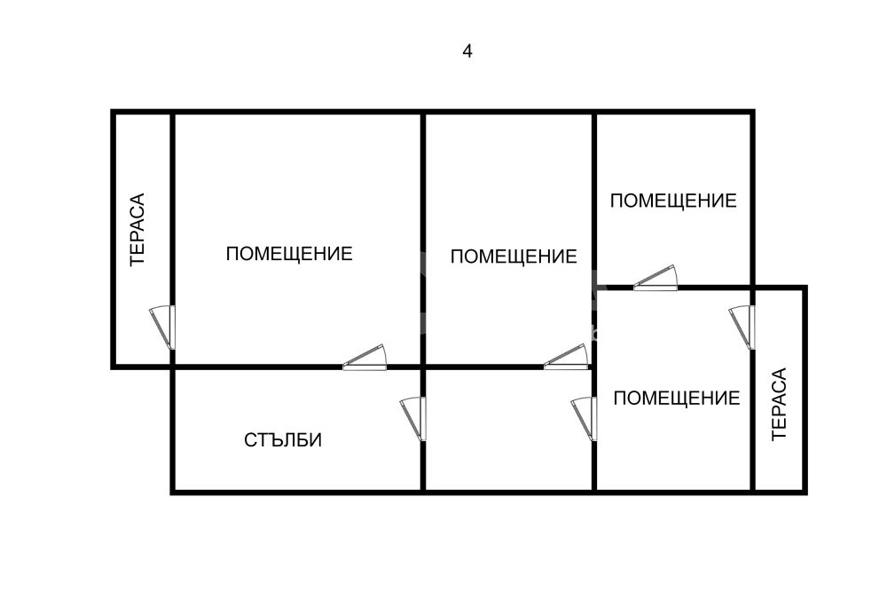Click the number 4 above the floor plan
[x=467, y=51]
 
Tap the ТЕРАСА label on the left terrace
[x=137, y=229]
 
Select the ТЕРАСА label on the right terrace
[x=779, y=404]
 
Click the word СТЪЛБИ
[x=283, y=439]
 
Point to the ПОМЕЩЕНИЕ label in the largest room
[x=289, y=254]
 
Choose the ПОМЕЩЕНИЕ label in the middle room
[x=514, y=257]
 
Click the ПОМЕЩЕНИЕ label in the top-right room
[x=673, y=201]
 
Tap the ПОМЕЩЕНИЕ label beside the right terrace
[x=677, y=398]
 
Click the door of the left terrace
[x=163, y=328]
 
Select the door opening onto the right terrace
[x=742, y=328]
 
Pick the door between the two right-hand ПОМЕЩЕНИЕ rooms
[x=655, y=277]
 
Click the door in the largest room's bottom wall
[x=365, y=357]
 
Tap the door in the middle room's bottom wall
[x=566, y=357]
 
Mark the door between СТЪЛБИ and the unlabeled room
[x=413, y=420]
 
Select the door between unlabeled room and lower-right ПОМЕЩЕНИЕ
[x=585, y=420]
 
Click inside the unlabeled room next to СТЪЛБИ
[x=508, y=430]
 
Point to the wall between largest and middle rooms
[x=422, y=240]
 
